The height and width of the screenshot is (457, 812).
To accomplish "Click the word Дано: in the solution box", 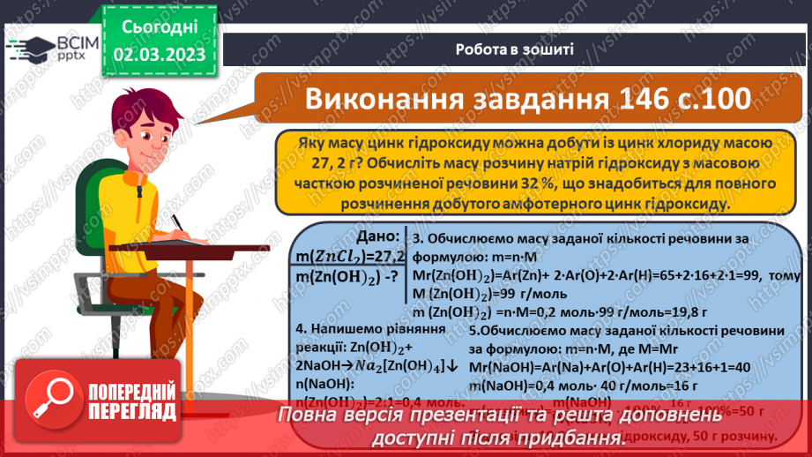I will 377,237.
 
